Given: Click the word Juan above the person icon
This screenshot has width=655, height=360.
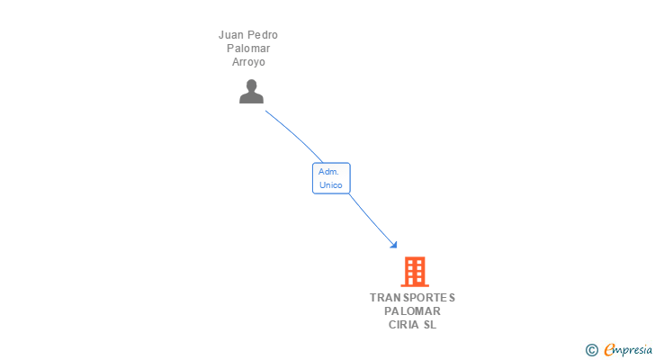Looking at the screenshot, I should [232, 35].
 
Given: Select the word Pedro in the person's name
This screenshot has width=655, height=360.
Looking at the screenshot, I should [263, 35].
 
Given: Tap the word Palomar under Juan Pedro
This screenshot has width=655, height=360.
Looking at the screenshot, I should [247, 49].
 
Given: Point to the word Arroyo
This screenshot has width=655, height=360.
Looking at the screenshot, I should [247, 62].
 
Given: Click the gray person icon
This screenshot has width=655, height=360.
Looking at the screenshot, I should [251, 92].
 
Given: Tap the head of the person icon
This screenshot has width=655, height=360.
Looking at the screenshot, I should [251, 85].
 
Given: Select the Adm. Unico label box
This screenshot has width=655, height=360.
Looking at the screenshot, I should [330, 178].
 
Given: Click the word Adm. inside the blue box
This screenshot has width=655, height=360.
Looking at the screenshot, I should [328, 171].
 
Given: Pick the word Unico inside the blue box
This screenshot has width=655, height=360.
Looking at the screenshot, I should [330, 185].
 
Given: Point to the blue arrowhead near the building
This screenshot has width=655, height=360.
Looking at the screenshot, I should [392, 243].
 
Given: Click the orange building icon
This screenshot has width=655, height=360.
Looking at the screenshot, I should [414, 271].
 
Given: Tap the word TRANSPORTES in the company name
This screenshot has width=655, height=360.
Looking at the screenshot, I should [412, 297].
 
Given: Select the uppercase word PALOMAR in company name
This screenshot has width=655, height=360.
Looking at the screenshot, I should [412, 311].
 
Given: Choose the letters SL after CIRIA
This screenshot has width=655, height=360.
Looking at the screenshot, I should [430, 325].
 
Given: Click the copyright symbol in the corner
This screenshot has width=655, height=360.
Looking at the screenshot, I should [591, 349].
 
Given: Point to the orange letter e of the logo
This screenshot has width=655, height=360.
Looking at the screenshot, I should [609, 349].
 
